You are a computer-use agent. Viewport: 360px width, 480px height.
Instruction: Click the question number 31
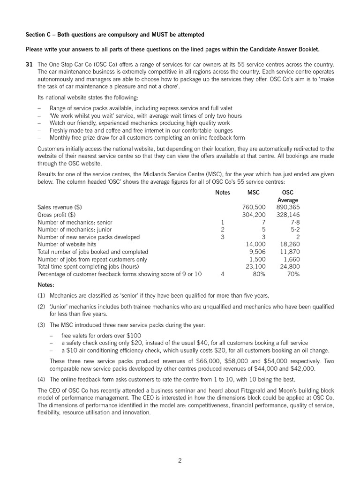pyautogui.click(x=29, y=64)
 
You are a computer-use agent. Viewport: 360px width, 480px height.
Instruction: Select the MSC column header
pyautogui.click(x=253, y=192)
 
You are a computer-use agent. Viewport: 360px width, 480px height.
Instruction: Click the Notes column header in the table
pyautogui.click(x=222, y=192)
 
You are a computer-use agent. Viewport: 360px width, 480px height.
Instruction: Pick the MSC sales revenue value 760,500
pyautogui.click(x=254, y=207)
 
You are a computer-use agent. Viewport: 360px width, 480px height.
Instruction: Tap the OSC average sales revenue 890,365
pyautogui.click(x=288, y=207)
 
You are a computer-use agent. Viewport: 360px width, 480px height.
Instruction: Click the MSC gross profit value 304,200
pyautogui.click(x=254, y=214)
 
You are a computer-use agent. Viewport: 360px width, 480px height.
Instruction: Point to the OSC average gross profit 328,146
pyautogui.click(x=288, y=214)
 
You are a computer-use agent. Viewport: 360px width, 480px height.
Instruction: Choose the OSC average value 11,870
pyautogui.click(x=290, y=252)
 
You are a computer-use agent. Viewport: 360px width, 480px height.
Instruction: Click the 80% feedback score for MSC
pyautogui.click(x=259, y=274)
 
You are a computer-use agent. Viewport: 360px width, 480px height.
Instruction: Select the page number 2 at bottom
pyautogui.click(x=180, y=460)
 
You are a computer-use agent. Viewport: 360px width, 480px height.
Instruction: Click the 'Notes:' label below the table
pyautogui.click(x=46, y=285)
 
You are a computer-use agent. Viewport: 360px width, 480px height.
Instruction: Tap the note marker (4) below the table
pyautogui.click(x=41, y=379)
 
